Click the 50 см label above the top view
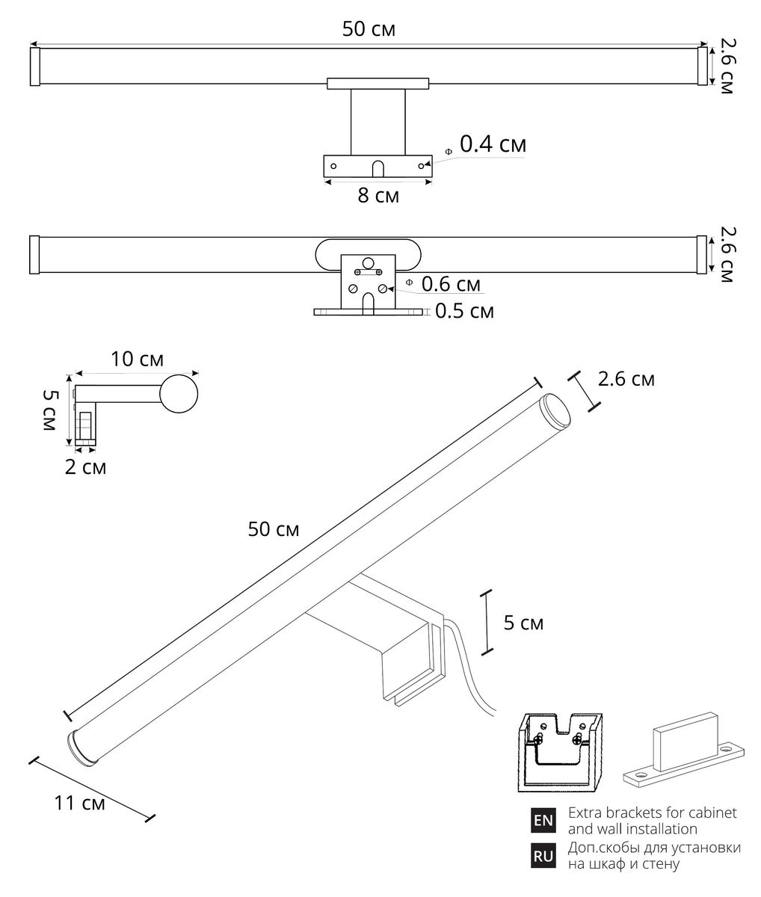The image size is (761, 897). [x=369, y=29]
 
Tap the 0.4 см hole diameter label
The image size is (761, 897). [x=492, y=144]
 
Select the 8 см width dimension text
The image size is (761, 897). [x=378, y=196]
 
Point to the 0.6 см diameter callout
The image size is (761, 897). [x=450, y=284]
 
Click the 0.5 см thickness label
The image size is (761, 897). [x=463, y=311]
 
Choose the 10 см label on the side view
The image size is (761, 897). [x=137, y=359]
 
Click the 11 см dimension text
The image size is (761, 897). [x=79, y=804]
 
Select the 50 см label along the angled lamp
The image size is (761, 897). [x=274, y=529]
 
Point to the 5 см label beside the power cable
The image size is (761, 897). [x=523, y=623]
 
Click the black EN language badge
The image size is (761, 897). [x=543, y=821]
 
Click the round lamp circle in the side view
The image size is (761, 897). [x=179, y=394]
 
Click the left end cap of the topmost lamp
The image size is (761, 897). [x=34, y=67]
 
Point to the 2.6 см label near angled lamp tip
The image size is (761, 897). [x=626, y=380]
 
